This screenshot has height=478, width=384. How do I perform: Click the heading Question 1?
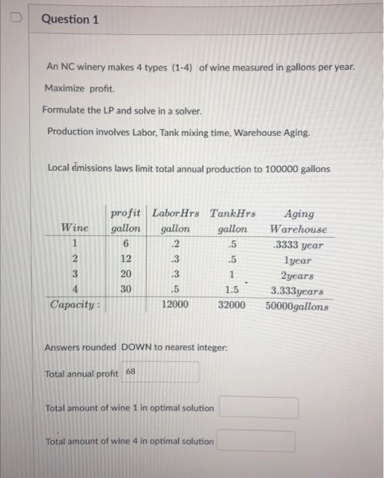pos(70,19)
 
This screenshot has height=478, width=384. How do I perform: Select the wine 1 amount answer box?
pos(258,408)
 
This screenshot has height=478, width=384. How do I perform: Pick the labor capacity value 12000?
pos(175,305)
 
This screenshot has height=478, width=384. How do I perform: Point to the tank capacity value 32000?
pos(231,305)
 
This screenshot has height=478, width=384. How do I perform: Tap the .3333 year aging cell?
pos(297,245)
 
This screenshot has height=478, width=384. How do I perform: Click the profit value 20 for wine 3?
pos(126,275)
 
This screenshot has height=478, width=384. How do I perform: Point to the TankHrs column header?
pos(232,214)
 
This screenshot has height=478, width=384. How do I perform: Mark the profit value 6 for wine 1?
pos(126,245)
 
